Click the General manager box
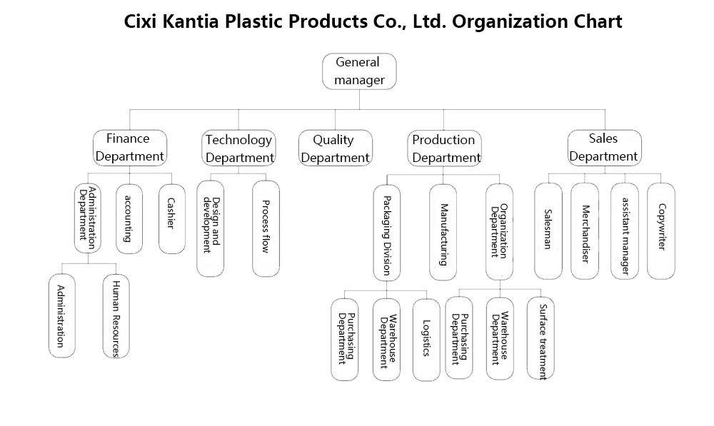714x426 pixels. click(359, 71)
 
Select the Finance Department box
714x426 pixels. click(130, 148)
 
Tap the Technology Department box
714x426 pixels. click(238, 148)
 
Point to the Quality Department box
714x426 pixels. click(335, 148)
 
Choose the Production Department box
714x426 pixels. click(444, 148)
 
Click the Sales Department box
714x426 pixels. click(604, 148)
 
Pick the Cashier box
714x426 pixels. click(171, 218)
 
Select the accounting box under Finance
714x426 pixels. click(129, 218)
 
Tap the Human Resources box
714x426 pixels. click(116, 316)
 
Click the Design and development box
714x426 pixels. click(211, 228)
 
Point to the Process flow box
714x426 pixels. click(266, 228)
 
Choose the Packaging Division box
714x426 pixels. click(386, 233)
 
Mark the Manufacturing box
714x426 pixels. click(443, 233)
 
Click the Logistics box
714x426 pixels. click(426, 340)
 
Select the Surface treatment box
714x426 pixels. click(540, 338)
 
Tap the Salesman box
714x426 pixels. click(548, 230)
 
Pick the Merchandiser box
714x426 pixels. click(585, 230)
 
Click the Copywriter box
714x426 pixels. click(660, 230)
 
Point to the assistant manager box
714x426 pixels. click(624, 230)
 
